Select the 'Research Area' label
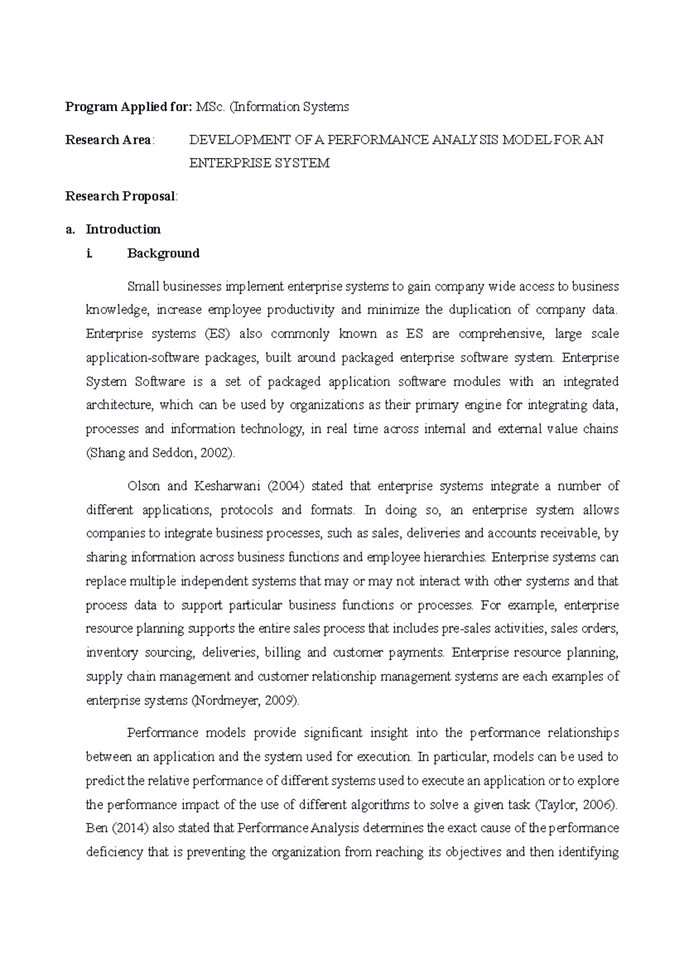pos(108,140)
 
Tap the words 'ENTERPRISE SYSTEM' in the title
pos(259,163)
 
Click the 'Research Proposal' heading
pos(120,196)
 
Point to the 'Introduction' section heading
pos(123,229)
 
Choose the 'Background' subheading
pos(163,253)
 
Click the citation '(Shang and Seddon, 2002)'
pos(160,453)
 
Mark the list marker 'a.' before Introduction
pos(70,229)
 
